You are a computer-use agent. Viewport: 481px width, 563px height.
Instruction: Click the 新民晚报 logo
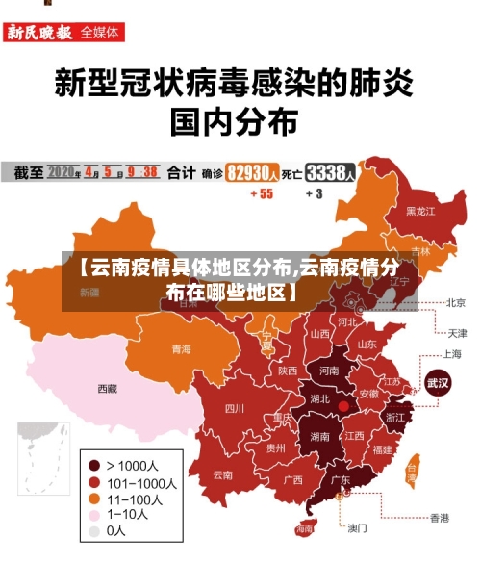[x=40, y=32]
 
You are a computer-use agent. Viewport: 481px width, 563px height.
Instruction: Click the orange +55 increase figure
[x=261, y=193]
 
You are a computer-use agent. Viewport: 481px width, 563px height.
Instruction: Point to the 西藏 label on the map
[x=107, y=389]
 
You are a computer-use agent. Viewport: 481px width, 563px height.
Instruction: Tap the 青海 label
[x=181, y=348]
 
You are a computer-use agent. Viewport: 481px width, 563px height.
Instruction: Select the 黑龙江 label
[x=420, y=211]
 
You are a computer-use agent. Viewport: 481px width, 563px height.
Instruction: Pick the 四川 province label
[x=234, y=408]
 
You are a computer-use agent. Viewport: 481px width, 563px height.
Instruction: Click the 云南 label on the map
[x=223, y=474]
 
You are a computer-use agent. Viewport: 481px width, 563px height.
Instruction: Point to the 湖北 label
[x=319, y=398]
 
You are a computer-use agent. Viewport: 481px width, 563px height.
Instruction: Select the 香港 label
[x=439, y=518]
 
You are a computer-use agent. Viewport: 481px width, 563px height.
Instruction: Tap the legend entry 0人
[x=115, y=530]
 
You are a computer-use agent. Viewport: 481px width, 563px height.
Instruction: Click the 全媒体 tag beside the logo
[x=101, y=32]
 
